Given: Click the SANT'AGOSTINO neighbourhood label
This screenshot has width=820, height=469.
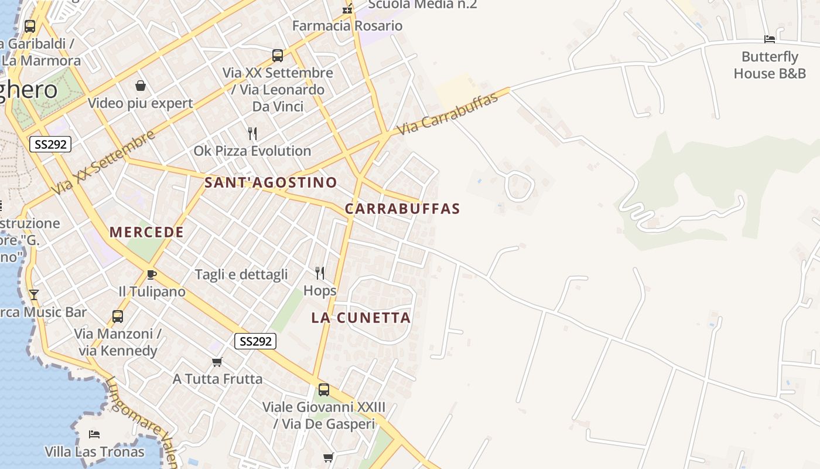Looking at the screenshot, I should tap(271, 182).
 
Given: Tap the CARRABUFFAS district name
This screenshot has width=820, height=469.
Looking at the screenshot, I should tap(402, 209).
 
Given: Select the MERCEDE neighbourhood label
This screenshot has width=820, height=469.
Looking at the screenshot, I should tap(146, 232).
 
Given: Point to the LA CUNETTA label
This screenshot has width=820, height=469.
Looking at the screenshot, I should tap(361, 318).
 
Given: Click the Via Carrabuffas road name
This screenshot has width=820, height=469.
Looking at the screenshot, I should tap(448, 114).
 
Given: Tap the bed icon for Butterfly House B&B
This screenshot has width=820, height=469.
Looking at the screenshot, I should tap(770, 39).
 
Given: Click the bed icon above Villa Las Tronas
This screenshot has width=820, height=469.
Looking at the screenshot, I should tap(94, 434).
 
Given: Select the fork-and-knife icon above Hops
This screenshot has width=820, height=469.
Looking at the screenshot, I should tap(320, 273).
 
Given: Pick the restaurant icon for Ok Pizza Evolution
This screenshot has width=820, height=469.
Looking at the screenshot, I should tap(252, 134).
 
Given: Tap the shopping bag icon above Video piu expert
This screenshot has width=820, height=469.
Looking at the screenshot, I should tap(141, 86).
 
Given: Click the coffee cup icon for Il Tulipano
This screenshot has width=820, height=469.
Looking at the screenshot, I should tap(151, 274).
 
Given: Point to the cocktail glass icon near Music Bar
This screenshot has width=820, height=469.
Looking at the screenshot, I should tap(34, 294).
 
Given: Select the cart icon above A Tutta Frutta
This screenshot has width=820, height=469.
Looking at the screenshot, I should tap(217, 362).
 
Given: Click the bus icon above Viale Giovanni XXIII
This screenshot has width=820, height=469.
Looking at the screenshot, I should tap(323, 389).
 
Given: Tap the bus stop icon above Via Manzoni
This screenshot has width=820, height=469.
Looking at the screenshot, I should tap(118, 317).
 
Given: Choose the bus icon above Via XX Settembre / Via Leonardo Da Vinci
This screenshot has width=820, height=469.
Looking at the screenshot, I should tap(278, 56).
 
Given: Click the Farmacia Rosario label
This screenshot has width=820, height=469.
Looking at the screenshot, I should tap(347, 26).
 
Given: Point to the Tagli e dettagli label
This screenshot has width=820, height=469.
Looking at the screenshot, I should tap(241, 274).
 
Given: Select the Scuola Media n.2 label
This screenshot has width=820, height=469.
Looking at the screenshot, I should tap(422, 5).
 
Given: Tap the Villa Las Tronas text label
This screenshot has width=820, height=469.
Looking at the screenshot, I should tap(95, 452).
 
